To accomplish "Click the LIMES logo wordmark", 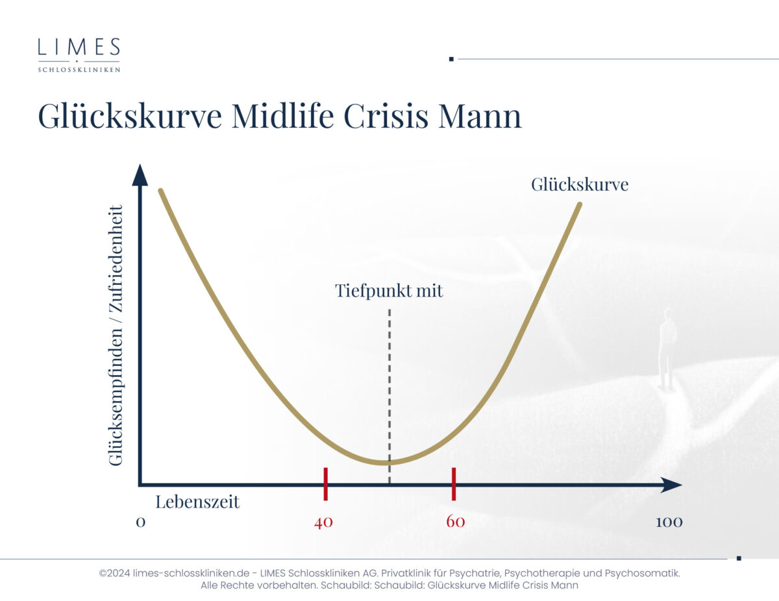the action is tap(79, 47).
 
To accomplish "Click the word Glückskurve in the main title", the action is tap(130, 116).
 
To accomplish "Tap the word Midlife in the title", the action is tap(283, 116).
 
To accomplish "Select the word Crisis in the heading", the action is tap(386, 116).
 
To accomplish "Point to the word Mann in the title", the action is tap(480, 116).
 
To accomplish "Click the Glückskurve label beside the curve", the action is tap(580, 185).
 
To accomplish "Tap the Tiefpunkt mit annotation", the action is tap(389, 291).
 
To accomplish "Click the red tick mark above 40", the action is tap(325, 484).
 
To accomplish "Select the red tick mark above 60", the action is tap(454, 484).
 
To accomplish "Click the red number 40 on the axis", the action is tap(323, 522).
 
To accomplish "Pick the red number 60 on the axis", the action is tap(456, 522).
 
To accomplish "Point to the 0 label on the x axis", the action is tap(140, 522).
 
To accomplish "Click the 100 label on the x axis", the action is tap(669, 522).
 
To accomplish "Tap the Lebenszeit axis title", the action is tap(197, 501).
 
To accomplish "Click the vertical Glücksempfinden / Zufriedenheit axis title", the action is tap(116, 336).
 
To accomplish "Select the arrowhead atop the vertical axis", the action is tap(140, 175).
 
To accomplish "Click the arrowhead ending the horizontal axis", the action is tap(671, 485).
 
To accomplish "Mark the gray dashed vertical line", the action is tap(389, 397).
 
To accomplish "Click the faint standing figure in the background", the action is tap(667, 349).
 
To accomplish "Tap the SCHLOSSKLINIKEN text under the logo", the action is tap(79, 69).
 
